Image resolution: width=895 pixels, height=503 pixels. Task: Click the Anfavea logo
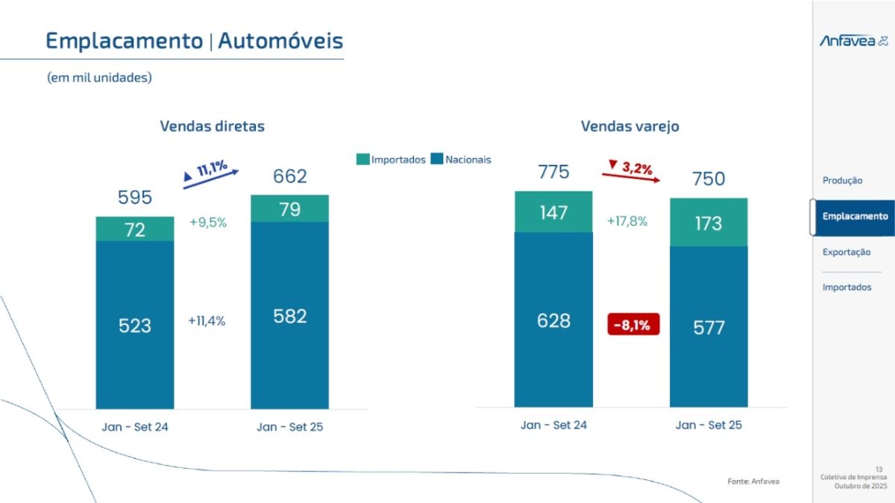[x=854, y=41]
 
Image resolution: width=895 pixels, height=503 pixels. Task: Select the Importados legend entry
[x=391, y=159]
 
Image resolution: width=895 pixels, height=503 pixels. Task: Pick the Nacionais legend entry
[x=461, y=159]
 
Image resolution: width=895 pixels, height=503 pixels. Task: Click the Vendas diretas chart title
[x=212, y=126]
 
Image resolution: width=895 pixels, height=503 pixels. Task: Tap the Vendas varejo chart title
[x=629, y=126]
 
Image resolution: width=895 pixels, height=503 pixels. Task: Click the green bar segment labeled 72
[x=135, y=230]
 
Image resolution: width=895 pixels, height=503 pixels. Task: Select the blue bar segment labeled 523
[x=135, y=325]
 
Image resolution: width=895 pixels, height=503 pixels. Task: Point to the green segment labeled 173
[x=709, y=222]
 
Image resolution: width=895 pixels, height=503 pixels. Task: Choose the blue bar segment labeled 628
[x=553, y=320]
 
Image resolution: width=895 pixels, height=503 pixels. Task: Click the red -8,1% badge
[x=633, y=324]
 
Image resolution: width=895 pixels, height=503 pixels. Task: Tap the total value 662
[x=289, y=177]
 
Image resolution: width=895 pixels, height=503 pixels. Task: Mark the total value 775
[x=553, y=172]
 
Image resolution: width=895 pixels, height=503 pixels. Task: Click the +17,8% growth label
[x=627, y=221]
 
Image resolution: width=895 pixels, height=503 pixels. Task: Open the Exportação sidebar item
[x=847, y=252]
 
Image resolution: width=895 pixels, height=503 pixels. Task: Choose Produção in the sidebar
[x=842, y=180]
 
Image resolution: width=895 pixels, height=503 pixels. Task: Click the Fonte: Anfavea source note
[x=753, y=481]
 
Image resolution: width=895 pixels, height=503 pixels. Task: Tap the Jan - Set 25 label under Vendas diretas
[x=289, y=427]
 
